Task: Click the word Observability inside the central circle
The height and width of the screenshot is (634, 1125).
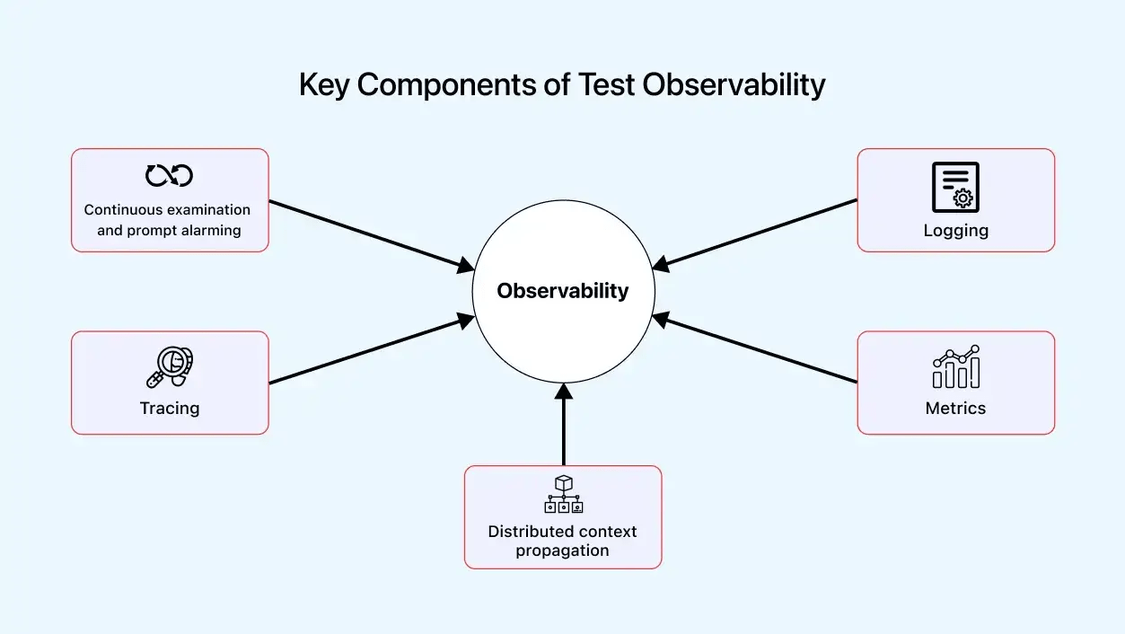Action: tap(563, 291)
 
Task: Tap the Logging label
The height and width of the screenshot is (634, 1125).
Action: tap(955, 231)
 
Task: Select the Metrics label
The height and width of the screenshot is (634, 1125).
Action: tap(955, 409)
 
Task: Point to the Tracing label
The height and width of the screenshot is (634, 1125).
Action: tap(170, 409)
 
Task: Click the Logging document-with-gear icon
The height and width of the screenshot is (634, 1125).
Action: tap(955, 187)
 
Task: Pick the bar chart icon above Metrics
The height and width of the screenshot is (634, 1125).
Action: tap(955, 366)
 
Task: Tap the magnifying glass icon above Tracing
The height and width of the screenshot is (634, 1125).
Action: tap(170, 366)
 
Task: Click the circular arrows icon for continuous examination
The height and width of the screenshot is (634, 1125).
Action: tap(170, 175)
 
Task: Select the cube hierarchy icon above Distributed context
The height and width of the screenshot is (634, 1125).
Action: tap(563, 494)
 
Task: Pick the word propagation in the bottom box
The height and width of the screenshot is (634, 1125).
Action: tap(562, 550)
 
